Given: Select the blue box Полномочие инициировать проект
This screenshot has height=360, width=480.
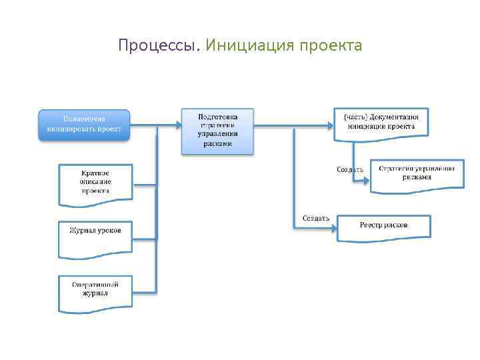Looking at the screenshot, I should pyautogui.click(x=84, y=124).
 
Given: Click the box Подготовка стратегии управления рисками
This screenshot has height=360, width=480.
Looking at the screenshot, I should pyautogui.click(x=217, y=131).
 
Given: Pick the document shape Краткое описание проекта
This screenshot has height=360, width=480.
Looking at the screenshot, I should pyautogui.click(x=95, y=181).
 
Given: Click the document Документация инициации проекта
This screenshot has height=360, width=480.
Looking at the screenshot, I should pyautogui.click(x=381, y=123).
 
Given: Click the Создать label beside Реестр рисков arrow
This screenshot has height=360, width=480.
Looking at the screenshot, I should pyautogui.click(x=315, y=218).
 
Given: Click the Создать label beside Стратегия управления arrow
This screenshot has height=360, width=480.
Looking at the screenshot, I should pyautogui.click(x=350, y=169).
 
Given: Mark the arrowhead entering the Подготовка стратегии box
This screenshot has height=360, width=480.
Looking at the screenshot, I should pyautogui.click(x=177, y=124).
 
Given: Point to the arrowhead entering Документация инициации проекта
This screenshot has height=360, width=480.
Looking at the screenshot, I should pyautogui.click(x=331, y=124).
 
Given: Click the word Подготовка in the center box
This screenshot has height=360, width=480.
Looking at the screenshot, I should pyautogui.click(x=217, y=116).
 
